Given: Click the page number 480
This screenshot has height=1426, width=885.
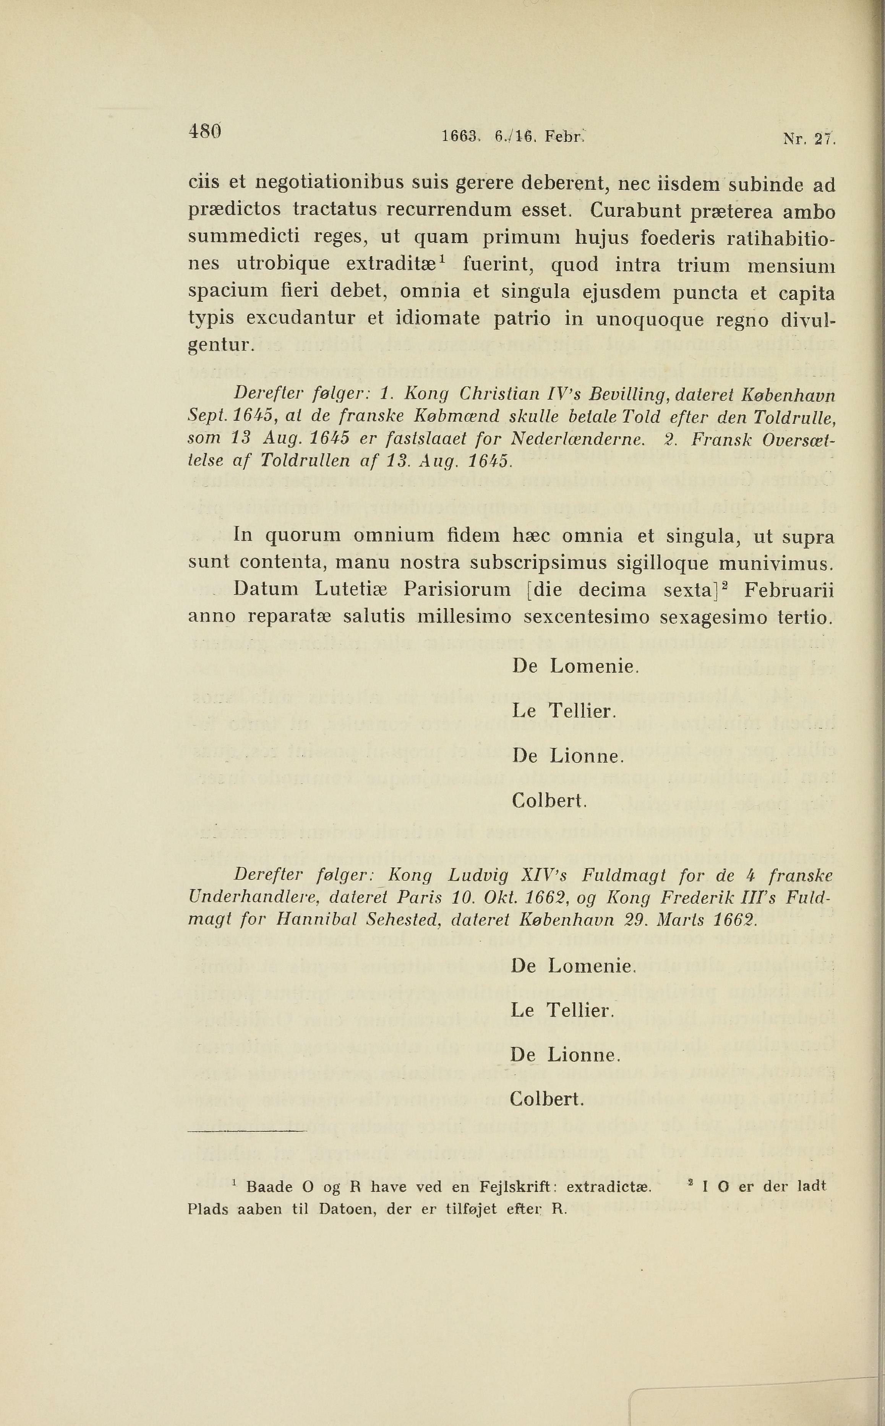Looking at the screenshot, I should click(204, 132).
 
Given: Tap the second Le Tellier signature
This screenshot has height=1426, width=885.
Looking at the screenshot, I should click(562, 1010).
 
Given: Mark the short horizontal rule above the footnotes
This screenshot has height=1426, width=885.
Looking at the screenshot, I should click(247, 1132).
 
